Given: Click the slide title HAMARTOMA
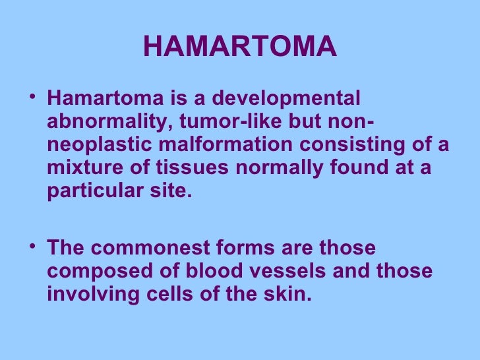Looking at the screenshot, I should point(239,46).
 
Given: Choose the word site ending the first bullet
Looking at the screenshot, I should point(173,191).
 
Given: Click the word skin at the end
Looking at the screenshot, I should point(289,294).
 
